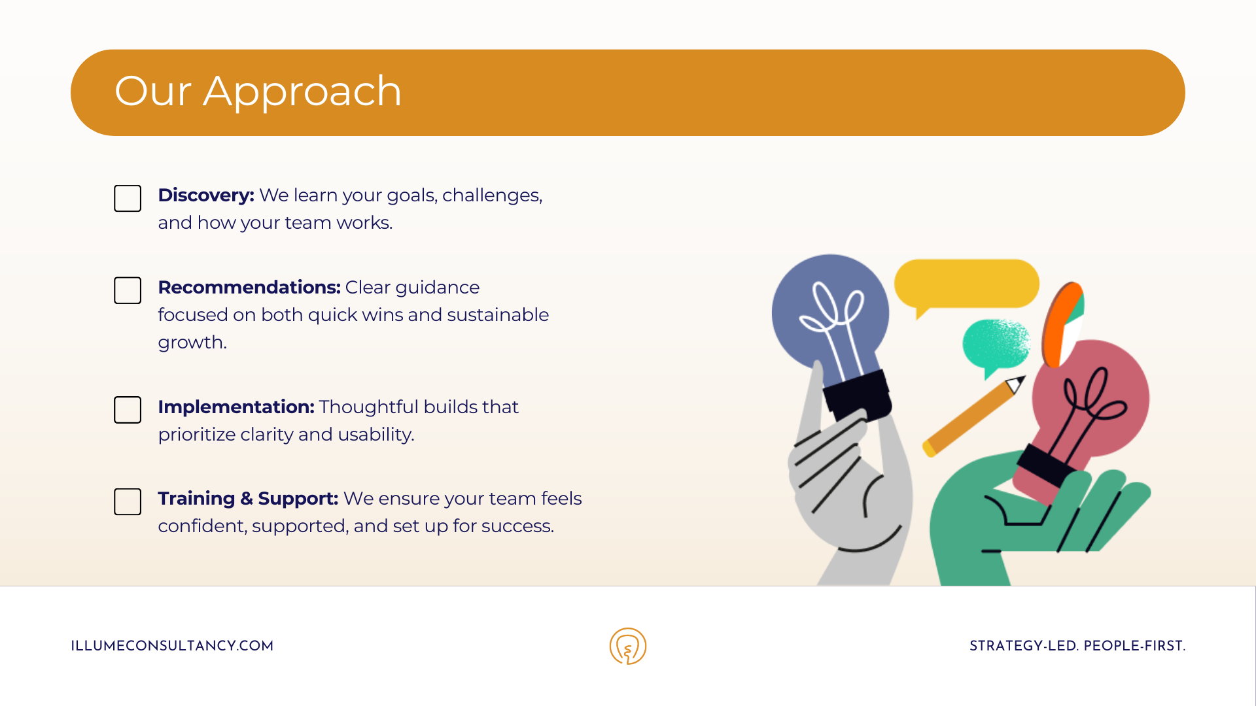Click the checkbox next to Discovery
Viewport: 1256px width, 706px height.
pos(128,198)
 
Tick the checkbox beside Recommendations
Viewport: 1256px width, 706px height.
pos(128,290)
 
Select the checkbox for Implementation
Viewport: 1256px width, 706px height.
pos(128,410)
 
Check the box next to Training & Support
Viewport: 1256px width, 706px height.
pos(128,501)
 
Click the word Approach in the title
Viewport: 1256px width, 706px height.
pos(302,92)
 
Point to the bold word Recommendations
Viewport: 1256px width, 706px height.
pos(249,287)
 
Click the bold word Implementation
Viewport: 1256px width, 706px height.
pos(236,407)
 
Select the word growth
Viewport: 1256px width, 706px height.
pos(192,343)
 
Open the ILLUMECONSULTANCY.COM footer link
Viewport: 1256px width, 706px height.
pos(172,646)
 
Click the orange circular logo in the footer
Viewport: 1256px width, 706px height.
pos(628,646)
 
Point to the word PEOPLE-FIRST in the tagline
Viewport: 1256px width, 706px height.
pos(1134,646)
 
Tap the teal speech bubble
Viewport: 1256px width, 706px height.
pos(995,345)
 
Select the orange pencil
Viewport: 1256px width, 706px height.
pos(973,416)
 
